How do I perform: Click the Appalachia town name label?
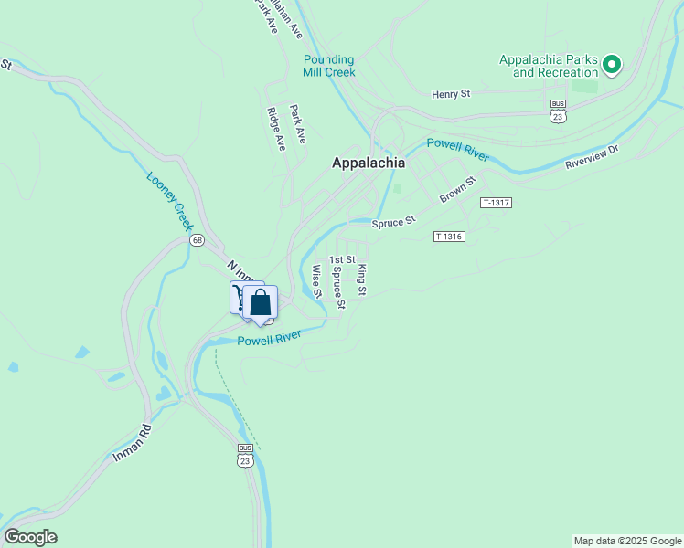click(x=368, y=163)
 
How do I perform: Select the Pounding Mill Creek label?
click(x=329, y=66)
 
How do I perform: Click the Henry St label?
click(x=450, y=93)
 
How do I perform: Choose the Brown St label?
click(x=458, y=190)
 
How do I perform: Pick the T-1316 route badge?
click(x=450, y=237)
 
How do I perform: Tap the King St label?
click(x=362, y=279)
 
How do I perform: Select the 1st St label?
click(x=342, y=260)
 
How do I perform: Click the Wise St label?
click(x=316, y=281)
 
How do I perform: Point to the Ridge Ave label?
click(x=275, y=129)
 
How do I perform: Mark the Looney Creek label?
click(x=171, y=200)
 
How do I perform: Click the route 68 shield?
click(x=198, y=240)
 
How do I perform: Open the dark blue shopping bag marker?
click(x=261, y=302)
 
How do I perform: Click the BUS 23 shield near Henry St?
click(x=558, y=112)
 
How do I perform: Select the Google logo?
click(x=30, y=537)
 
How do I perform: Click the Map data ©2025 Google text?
click(x=627, y=541)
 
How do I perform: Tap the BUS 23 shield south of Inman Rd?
click(x=245, y=457)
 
